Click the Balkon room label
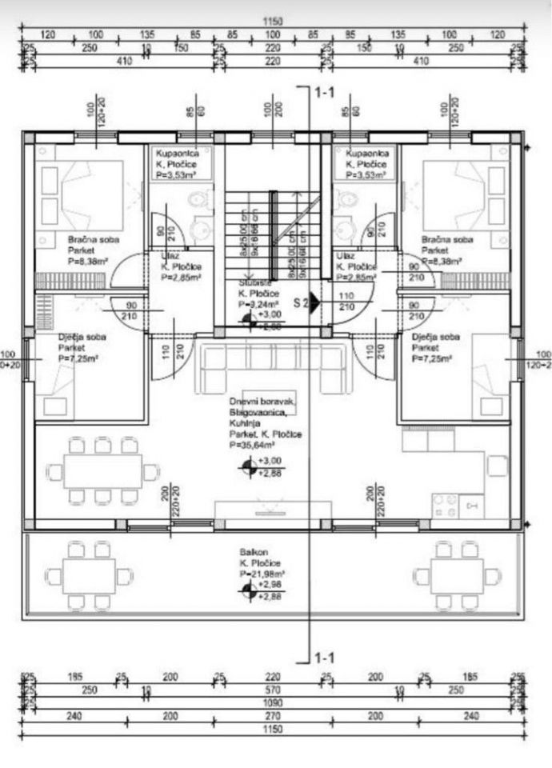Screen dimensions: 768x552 point(249,553)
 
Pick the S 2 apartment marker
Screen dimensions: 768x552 point(302,302)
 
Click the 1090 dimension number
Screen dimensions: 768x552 point(274,706)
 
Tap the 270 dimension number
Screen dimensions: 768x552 point(274,718)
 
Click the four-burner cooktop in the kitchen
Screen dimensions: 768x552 point(446,504)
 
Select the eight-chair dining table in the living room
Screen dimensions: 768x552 point(102,471)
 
